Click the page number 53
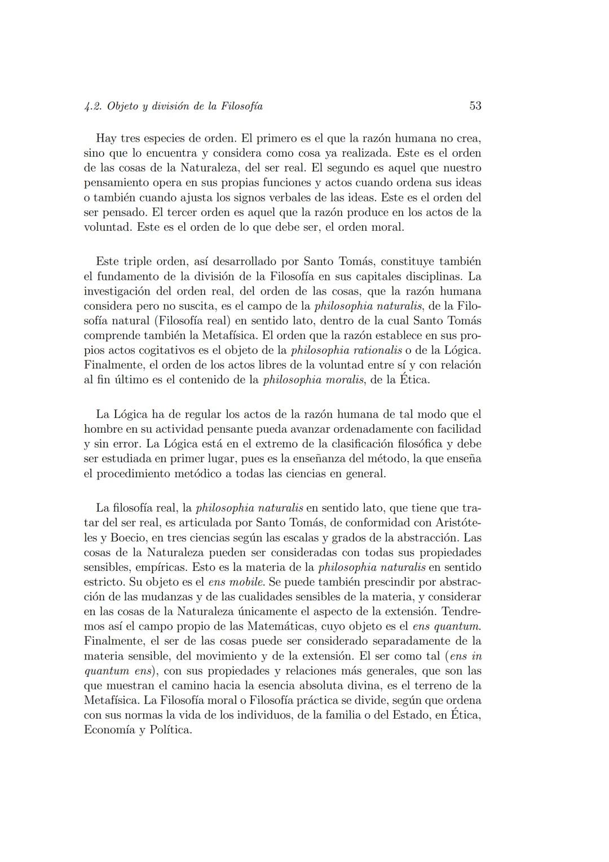475,106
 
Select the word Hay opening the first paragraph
106,138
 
